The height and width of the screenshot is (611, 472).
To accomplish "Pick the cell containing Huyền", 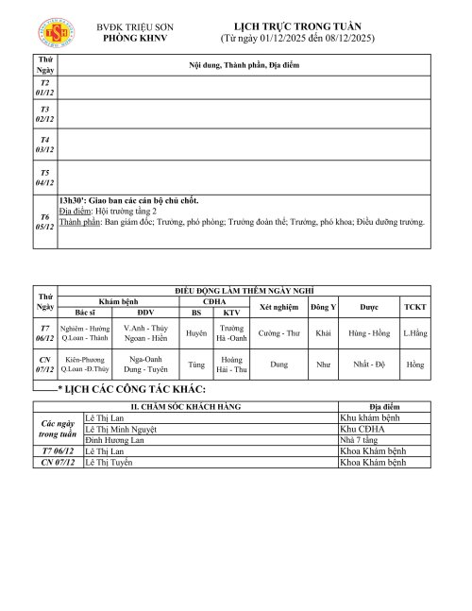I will pyautogui.click(x=196, y=333).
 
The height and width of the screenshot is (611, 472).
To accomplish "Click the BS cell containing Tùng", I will pyautogui.click(x=196, y=364).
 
